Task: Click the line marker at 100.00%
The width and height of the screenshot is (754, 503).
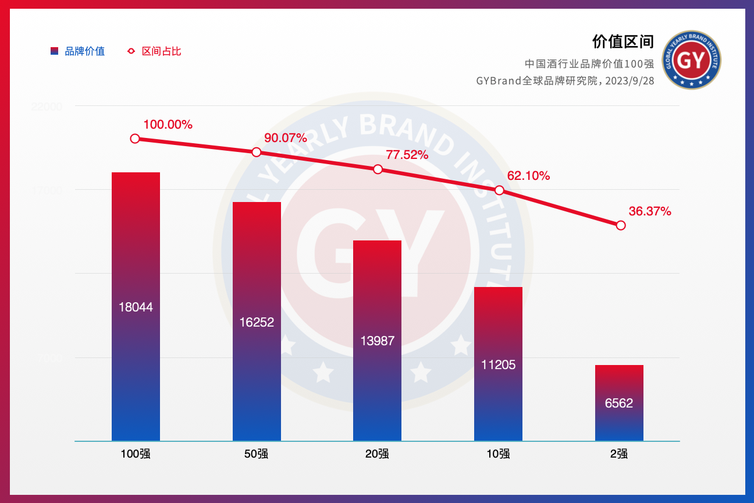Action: pos(135,139)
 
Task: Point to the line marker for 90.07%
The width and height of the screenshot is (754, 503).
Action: pos(257,152)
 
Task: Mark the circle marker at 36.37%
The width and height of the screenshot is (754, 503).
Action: pos(621,225)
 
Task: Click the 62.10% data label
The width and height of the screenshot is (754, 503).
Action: pos(528,176)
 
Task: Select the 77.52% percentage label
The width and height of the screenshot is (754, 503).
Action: pos(407,155)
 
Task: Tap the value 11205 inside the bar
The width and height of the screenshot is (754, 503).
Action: pos(498,365)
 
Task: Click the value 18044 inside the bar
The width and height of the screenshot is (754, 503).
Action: pos(136,307)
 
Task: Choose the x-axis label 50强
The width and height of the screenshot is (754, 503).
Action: pos(257,454)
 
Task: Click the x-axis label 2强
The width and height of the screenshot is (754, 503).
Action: pos(619,454)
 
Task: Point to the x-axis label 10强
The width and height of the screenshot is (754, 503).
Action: pos(498,454)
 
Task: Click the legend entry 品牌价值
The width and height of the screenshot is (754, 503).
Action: pos(84,51)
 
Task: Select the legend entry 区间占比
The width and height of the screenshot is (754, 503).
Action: pos(161,51)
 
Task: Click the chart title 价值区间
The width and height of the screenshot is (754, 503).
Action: pos(623,42)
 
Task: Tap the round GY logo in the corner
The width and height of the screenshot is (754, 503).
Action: pos(692,60)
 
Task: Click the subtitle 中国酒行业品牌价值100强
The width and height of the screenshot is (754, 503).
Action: pos(589,63)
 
